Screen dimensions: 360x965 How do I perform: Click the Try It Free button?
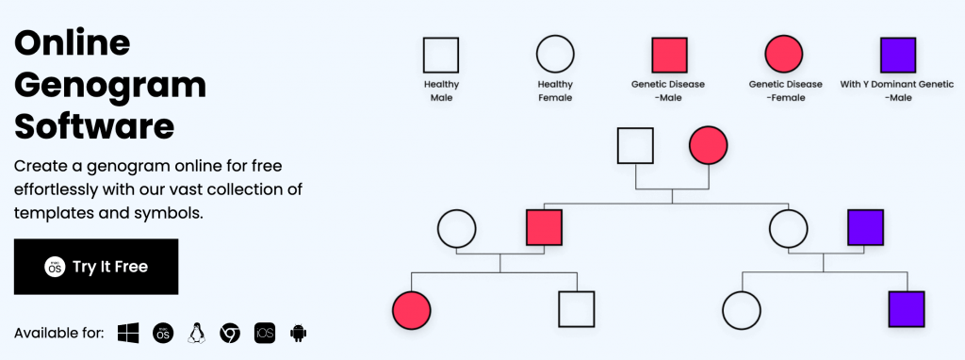tap(96, 267)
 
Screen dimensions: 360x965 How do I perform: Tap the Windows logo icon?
tap(128, 333)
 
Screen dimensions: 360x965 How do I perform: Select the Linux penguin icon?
tap(196, 333)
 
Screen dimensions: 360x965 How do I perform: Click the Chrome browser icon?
tap(230, 333)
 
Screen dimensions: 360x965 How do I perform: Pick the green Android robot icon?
tap(299, 333)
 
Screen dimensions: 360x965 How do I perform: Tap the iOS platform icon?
tap(265, 333)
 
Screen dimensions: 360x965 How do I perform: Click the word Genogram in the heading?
tap(110, 85)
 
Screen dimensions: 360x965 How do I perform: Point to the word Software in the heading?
tap(94, 126)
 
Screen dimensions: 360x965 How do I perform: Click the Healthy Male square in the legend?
tap(441, 55)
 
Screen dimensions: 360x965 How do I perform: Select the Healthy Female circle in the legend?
tap(555, 55)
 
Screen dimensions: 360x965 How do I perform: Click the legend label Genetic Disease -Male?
tap(668, 90)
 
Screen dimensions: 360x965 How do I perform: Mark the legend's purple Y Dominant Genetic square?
tap(897, 55)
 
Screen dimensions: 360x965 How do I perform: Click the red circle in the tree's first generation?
tap(709, 145)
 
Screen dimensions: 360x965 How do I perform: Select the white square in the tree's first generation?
tap(635, 145)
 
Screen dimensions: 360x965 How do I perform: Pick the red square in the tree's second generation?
tap(544, 228)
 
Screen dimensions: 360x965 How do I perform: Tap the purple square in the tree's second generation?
tap(865, 228)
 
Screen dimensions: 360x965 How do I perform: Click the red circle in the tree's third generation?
tap(411, 309)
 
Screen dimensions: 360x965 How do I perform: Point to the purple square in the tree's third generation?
tap(906, 309)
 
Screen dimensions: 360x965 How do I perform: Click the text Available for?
tap(59, 334)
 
